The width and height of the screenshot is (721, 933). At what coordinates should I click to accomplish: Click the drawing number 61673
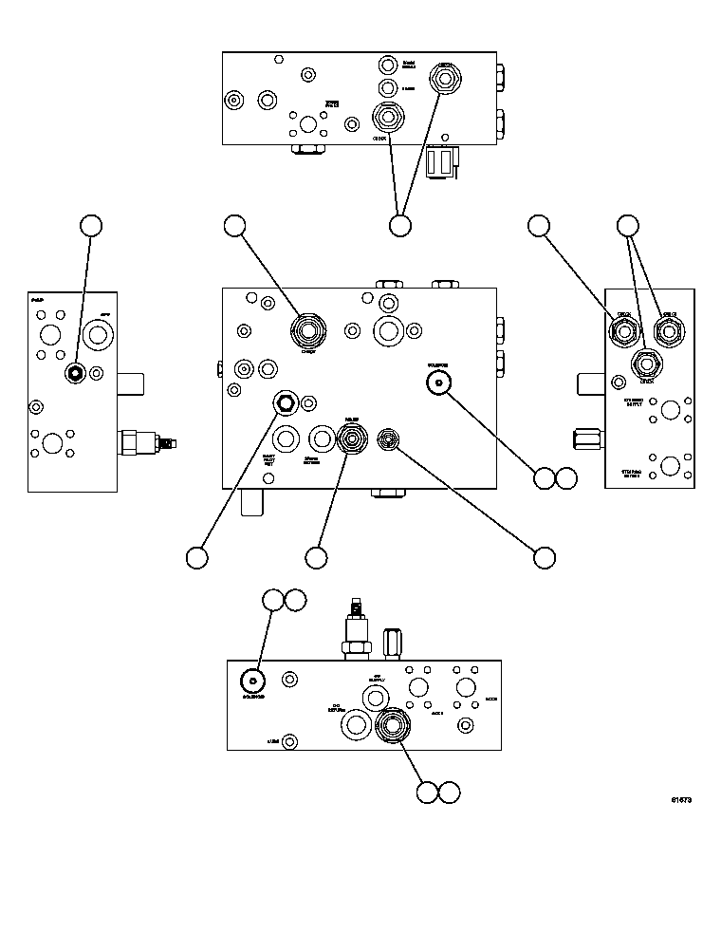click(x=680, y=800)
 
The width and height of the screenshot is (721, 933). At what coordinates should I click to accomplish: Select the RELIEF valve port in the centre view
click(x=351, y=439)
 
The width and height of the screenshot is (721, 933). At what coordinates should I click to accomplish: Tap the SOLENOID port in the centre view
click(x=437, y=383)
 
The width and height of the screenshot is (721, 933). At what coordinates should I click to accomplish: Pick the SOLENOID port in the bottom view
click(x=252, y=681)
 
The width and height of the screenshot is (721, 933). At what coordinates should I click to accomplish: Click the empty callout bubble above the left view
click(x=90, y=225)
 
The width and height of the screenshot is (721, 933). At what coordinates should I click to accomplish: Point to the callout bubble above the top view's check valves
click(x=400, y=225)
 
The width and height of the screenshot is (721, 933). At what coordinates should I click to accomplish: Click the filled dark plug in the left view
click(x=74, y=373)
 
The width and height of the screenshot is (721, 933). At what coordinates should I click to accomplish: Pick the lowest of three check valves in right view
click(x=647, y=363)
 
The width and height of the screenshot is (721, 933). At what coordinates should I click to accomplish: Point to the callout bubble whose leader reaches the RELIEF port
click(x=316, y=559)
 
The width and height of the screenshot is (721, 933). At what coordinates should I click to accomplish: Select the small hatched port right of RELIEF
click(x=388, y=438)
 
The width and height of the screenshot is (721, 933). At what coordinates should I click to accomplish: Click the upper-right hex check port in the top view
click(x=444, y=77)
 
